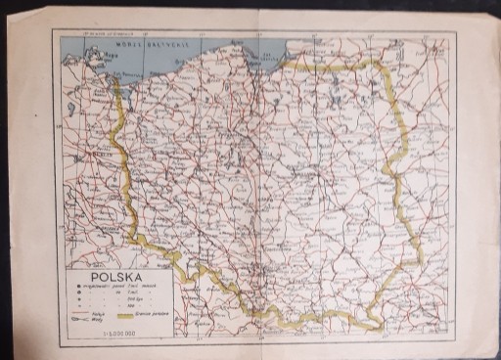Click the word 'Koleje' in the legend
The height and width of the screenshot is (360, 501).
[x=97, y=314]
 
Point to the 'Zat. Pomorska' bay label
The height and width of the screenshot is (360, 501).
[x=128, y=73]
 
